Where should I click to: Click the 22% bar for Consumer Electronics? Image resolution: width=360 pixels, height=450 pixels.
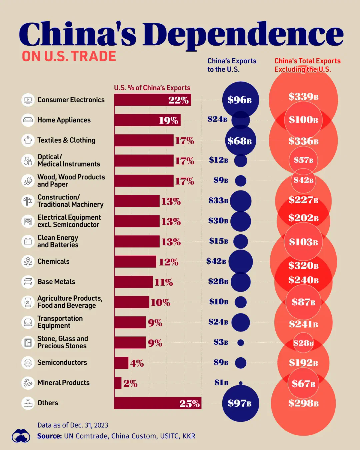152,100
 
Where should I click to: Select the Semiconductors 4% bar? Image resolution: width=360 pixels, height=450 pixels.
121,363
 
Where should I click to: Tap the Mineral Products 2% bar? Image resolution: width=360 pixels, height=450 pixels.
118,383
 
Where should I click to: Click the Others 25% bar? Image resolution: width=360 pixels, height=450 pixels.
157,403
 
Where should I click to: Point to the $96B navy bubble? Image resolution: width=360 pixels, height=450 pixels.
240,100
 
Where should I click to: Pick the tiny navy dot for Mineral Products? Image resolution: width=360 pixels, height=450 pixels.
241,383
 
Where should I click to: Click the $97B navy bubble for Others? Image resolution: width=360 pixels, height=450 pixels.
240,403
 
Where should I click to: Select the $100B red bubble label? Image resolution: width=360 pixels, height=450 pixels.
303,120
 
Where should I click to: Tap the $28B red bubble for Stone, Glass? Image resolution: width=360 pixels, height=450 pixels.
303,343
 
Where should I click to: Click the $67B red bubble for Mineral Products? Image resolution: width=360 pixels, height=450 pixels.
303,384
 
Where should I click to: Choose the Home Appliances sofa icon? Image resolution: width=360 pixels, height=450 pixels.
28,120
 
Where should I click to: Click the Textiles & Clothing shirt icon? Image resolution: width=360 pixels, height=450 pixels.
28,140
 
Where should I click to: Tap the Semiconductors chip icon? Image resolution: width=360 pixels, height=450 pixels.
28,363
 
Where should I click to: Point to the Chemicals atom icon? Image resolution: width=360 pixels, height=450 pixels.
28,262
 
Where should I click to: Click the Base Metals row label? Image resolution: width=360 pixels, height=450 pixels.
56,282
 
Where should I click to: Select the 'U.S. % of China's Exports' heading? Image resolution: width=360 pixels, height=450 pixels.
152,88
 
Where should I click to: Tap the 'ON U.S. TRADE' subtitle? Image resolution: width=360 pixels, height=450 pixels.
69,56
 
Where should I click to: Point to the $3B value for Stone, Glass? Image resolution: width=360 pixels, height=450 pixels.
221,342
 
